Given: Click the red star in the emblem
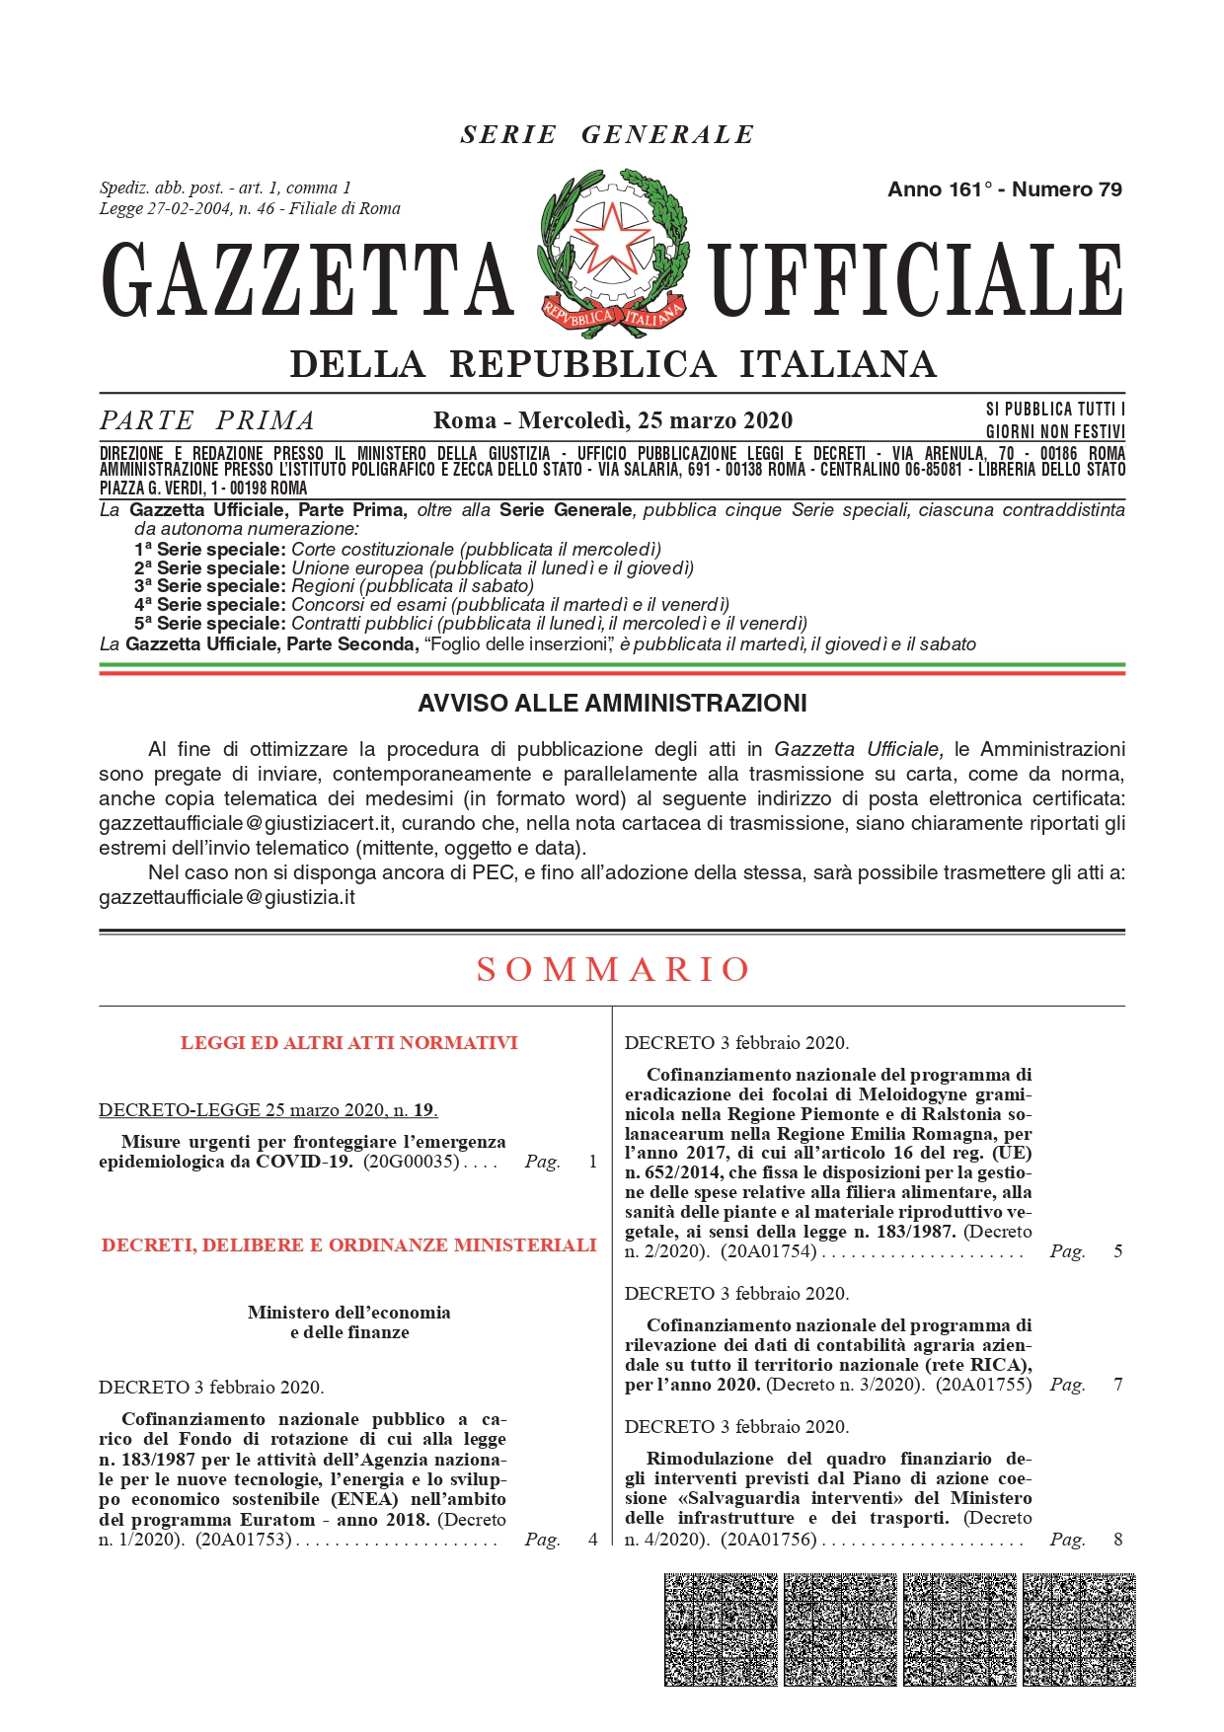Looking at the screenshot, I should (612, 238).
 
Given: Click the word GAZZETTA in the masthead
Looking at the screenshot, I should (308, 281).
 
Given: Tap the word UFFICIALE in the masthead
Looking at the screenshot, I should (917, 281).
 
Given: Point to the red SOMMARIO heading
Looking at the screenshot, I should (613, 969).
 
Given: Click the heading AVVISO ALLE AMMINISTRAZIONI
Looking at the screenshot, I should (612, 704).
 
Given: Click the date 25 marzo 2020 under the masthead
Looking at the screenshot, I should (715, 420).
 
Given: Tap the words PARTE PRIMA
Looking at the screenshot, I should (207, 420).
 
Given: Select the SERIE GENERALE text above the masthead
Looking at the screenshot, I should (607, 134).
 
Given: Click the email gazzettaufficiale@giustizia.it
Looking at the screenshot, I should (227, 897).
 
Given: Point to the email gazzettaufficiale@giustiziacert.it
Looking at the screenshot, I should (247, 823).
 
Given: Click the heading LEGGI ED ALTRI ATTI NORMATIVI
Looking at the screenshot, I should (348, 1043).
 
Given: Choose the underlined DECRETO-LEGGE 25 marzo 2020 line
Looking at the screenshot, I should (268, 1110).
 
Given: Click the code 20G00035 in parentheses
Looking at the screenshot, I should (412, 1162).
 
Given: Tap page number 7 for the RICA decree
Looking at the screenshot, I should (1117, 1385).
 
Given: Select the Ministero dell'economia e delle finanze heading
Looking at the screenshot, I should (348, 1322).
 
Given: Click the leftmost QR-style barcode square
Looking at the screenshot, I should (721, 1629).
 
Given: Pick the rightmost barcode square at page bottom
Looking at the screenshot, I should (1079, 1629).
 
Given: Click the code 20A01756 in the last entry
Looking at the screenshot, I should (768, 1540).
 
